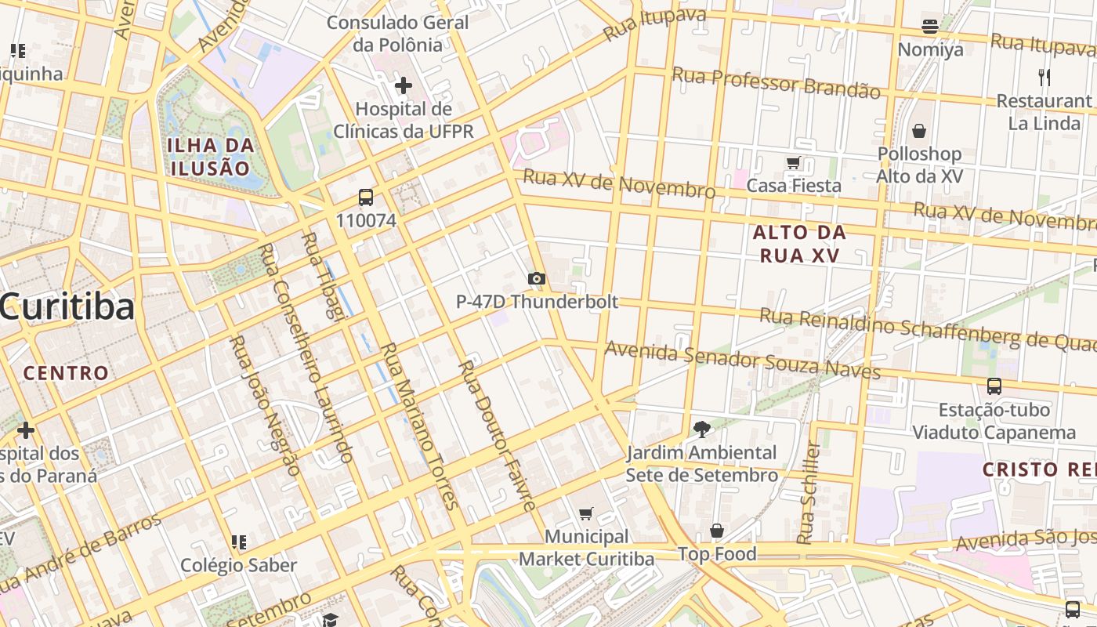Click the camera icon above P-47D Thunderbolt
(537, 278)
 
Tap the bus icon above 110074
(366, 198)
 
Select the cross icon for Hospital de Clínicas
(404, 85)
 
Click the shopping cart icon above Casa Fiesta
(793, 162)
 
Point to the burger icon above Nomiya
(930, 27)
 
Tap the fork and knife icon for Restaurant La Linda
(1044, 77)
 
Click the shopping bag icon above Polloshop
(919, 130)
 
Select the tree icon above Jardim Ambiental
(701, 429)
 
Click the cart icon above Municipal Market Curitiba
(585, 513)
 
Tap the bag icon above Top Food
(716, 531)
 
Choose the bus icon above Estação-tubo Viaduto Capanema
(994, 386)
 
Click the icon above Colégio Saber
(239, 542)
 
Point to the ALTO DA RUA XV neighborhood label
(799, 244)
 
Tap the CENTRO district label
(66, 373)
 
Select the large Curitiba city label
(67, 307)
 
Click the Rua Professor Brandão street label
(776, 82)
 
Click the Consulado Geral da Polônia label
(397, 34)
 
